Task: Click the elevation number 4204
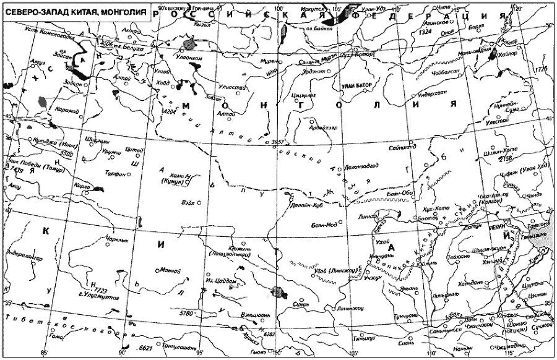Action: tap(168, 111)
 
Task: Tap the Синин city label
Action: tap(298, 304)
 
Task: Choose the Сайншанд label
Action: tap(397, 148)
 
